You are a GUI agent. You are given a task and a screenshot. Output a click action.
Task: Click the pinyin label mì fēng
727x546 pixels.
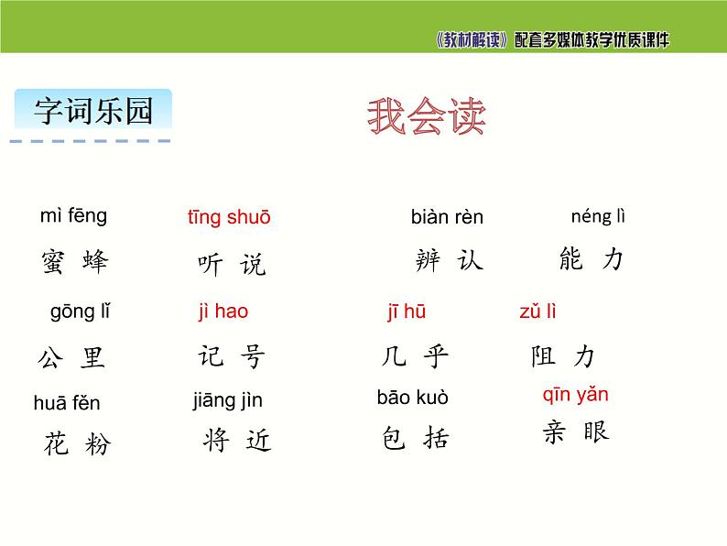click(x=73, y=216)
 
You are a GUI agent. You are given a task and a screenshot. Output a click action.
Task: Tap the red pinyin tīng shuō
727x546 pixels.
click(x=229, y=218)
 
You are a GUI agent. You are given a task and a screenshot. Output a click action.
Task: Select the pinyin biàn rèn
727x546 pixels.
click(x=447, y=218)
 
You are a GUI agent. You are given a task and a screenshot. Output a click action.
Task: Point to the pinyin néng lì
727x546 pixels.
click(x=598, y=217)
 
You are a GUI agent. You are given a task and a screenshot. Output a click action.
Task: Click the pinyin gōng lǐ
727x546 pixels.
click(x=81, y=311)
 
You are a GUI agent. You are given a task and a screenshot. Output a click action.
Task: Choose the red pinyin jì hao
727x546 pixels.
click(x=222, y=311)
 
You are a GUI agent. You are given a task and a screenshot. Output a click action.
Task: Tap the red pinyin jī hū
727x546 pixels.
click(x=406, y=312)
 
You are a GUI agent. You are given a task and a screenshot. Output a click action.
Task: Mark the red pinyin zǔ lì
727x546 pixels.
click(x=537, y=311)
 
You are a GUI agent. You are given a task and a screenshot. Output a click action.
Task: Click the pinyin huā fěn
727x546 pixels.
click(x=67, y=403)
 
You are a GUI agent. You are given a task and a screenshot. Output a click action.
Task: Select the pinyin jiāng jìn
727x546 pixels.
click(x=227, y=400)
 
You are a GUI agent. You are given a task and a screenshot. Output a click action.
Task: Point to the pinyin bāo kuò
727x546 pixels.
click(x=413, y=398)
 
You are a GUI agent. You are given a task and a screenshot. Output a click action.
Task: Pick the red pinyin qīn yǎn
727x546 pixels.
click(x=575, y=395)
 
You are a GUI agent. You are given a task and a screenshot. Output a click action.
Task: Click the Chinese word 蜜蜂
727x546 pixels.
click(x=74, y=262)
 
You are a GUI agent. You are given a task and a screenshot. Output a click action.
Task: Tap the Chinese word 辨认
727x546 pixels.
click(x=449, y=261)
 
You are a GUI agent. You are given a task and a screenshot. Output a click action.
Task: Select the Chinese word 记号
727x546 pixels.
click(x=231, y=356)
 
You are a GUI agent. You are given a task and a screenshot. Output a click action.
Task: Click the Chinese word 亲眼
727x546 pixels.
click(x=575, y=432)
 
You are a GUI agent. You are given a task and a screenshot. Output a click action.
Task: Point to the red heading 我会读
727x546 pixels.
click(x=426, y=117)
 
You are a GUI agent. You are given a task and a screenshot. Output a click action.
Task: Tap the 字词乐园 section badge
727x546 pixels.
click(x=92, y=111)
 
